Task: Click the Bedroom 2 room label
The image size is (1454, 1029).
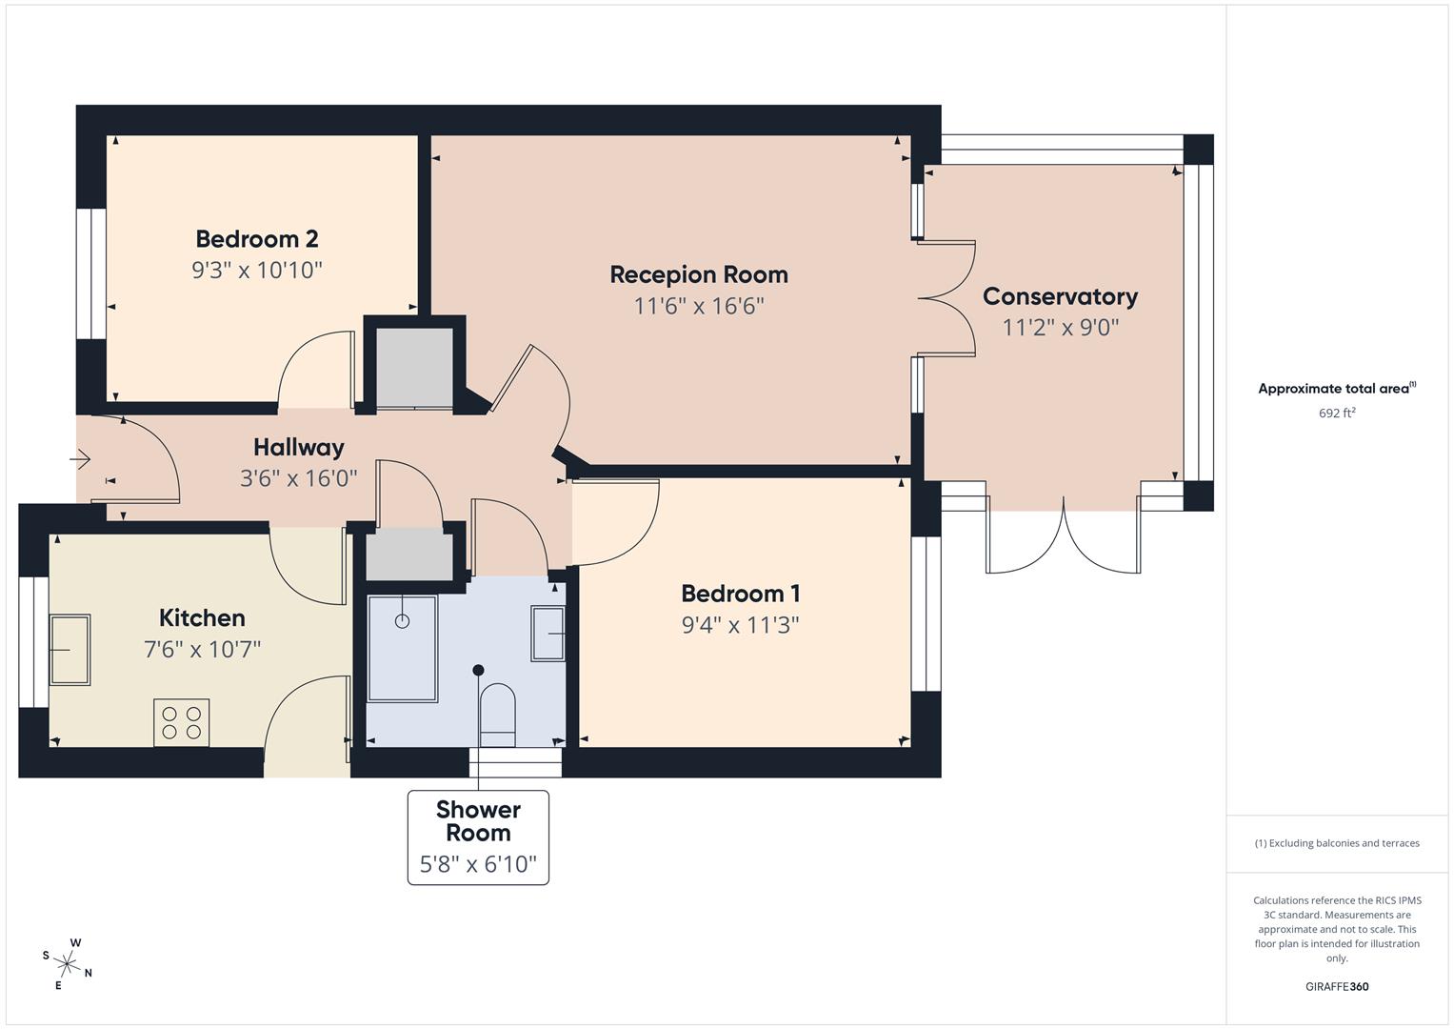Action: [x=256, y=238]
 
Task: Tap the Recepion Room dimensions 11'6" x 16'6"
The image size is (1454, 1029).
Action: [x=699, y=306]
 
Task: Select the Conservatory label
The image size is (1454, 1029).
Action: [x=1060, y=296]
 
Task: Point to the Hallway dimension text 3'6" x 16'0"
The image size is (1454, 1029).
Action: [x=298, y=477]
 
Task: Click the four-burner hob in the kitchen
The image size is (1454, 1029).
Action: [x=181, y=722]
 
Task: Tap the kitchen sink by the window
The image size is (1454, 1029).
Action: [x=70, y=650]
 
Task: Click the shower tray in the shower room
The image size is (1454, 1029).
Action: [x=402, y=648]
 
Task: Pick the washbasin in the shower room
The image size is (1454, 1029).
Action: [x=548, y=633]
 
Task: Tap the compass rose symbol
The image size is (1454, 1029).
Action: [x=68, y=963]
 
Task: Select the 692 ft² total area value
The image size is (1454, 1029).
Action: [x=1337, y=413]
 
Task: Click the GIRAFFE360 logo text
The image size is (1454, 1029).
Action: [x=1337, y=986]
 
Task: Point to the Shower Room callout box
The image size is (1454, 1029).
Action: [x=478, y=837]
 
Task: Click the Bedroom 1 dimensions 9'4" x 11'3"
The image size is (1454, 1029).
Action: [x=740, y=625]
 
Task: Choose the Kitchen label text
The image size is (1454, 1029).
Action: [x=202, y=617]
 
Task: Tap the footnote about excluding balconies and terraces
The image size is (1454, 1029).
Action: [x=1337, y=843]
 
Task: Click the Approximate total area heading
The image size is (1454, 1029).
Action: [x=1337, y=388]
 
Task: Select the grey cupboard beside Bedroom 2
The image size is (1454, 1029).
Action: [x=414, y=367]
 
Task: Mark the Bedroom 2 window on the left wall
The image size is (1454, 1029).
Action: [x=91, y=273]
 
